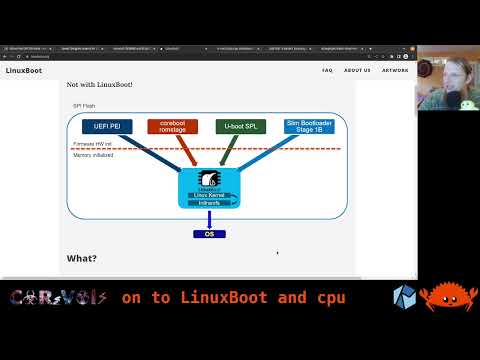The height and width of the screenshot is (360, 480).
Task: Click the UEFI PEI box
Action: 102,126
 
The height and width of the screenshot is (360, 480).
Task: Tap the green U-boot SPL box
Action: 240,126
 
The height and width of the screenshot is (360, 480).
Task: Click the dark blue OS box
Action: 209,234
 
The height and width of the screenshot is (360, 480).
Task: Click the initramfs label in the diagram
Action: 209,202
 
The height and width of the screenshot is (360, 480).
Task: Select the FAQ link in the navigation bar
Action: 327,70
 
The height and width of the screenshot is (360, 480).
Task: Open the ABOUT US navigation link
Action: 357,70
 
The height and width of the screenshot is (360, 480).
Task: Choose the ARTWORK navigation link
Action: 395,70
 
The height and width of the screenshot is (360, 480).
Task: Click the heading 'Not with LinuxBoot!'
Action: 99,85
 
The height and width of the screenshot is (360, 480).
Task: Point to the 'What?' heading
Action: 82,258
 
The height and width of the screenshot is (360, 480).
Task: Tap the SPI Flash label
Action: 84,106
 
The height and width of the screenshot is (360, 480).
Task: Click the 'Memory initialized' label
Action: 93,156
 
